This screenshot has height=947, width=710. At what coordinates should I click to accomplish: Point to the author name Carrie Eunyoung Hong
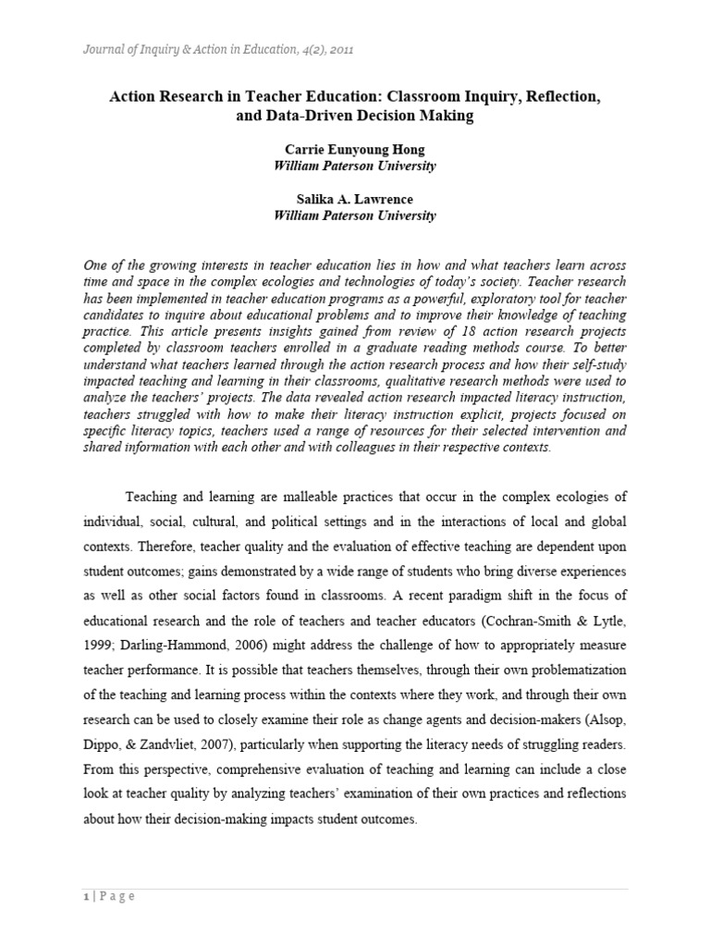(x=355, y=150)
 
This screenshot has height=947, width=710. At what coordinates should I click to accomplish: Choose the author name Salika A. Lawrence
(x=355, y=199)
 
